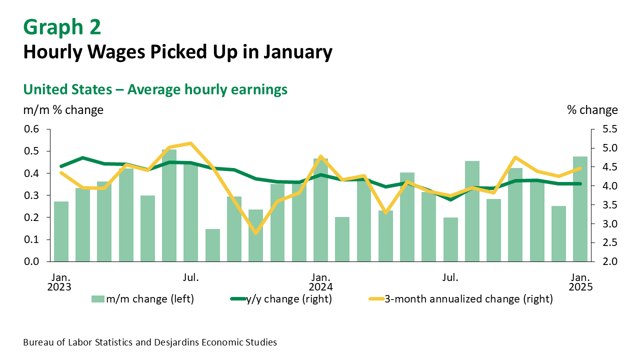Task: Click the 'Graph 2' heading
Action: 62,27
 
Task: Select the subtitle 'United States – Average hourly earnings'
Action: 155,89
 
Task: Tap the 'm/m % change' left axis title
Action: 63,110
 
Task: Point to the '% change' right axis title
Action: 592,110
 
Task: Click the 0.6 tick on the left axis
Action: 31,129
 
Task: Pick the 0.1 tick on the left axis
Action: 31,239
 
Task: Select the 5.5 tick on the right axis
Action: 605,129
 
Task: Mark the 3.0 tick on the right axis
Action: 605,224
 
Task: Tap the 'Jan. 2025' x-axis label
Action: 580,282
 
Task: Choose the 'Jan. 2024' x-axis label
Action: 320,282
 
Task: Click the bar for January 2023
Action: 61,231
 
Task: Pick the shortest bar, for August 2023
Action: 212,245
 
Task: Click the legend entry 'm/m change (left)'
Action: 142,299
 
